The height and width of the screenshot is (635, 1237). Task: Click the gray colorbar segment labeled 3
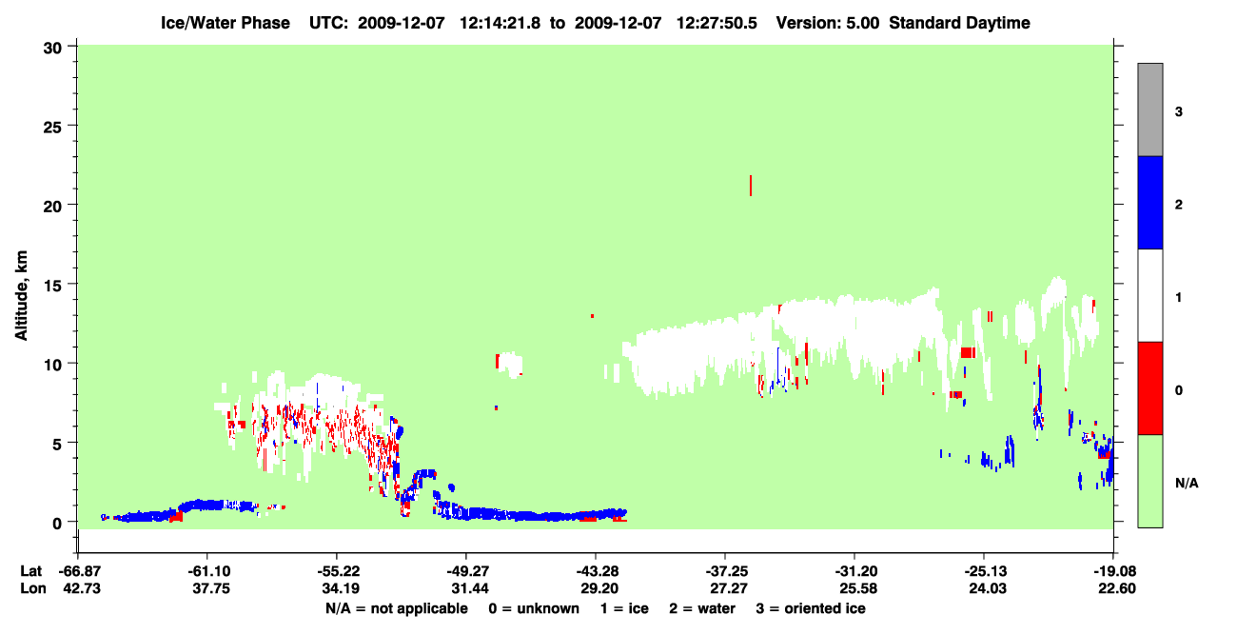click(1149, 109)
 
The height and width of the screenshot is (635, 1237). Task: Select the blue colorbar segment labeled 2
click(1149, 202)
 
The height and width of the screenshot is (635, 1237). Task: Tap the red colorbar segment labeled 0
click(1149, 388)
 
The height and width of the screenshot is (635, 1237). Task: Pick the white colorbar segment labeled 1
click(1149, 295)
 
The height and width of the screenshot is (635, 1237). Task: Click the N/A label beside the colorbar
click(1187, 484)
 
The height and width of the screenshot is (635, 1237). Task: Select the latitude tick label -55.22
click(338, 571)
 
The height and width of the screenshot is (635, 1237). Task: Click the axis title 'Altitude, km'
click(21, 295)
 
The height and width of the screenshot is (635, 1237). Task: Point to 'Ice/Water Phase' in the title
click(226, 23)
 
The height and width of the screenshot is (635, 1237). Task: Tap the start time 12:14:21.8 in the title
click(500, 23)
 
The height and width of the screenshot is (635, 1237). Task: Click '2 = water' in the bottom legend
click(702, 608)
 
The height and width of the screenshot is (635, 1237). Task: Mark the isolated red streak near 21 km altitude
click(751, 185)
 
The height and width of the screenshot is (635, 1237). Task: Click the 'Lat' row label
click(30, 571)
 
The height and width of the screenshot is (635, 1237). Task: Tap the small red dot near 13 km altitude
click(592, 316)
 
